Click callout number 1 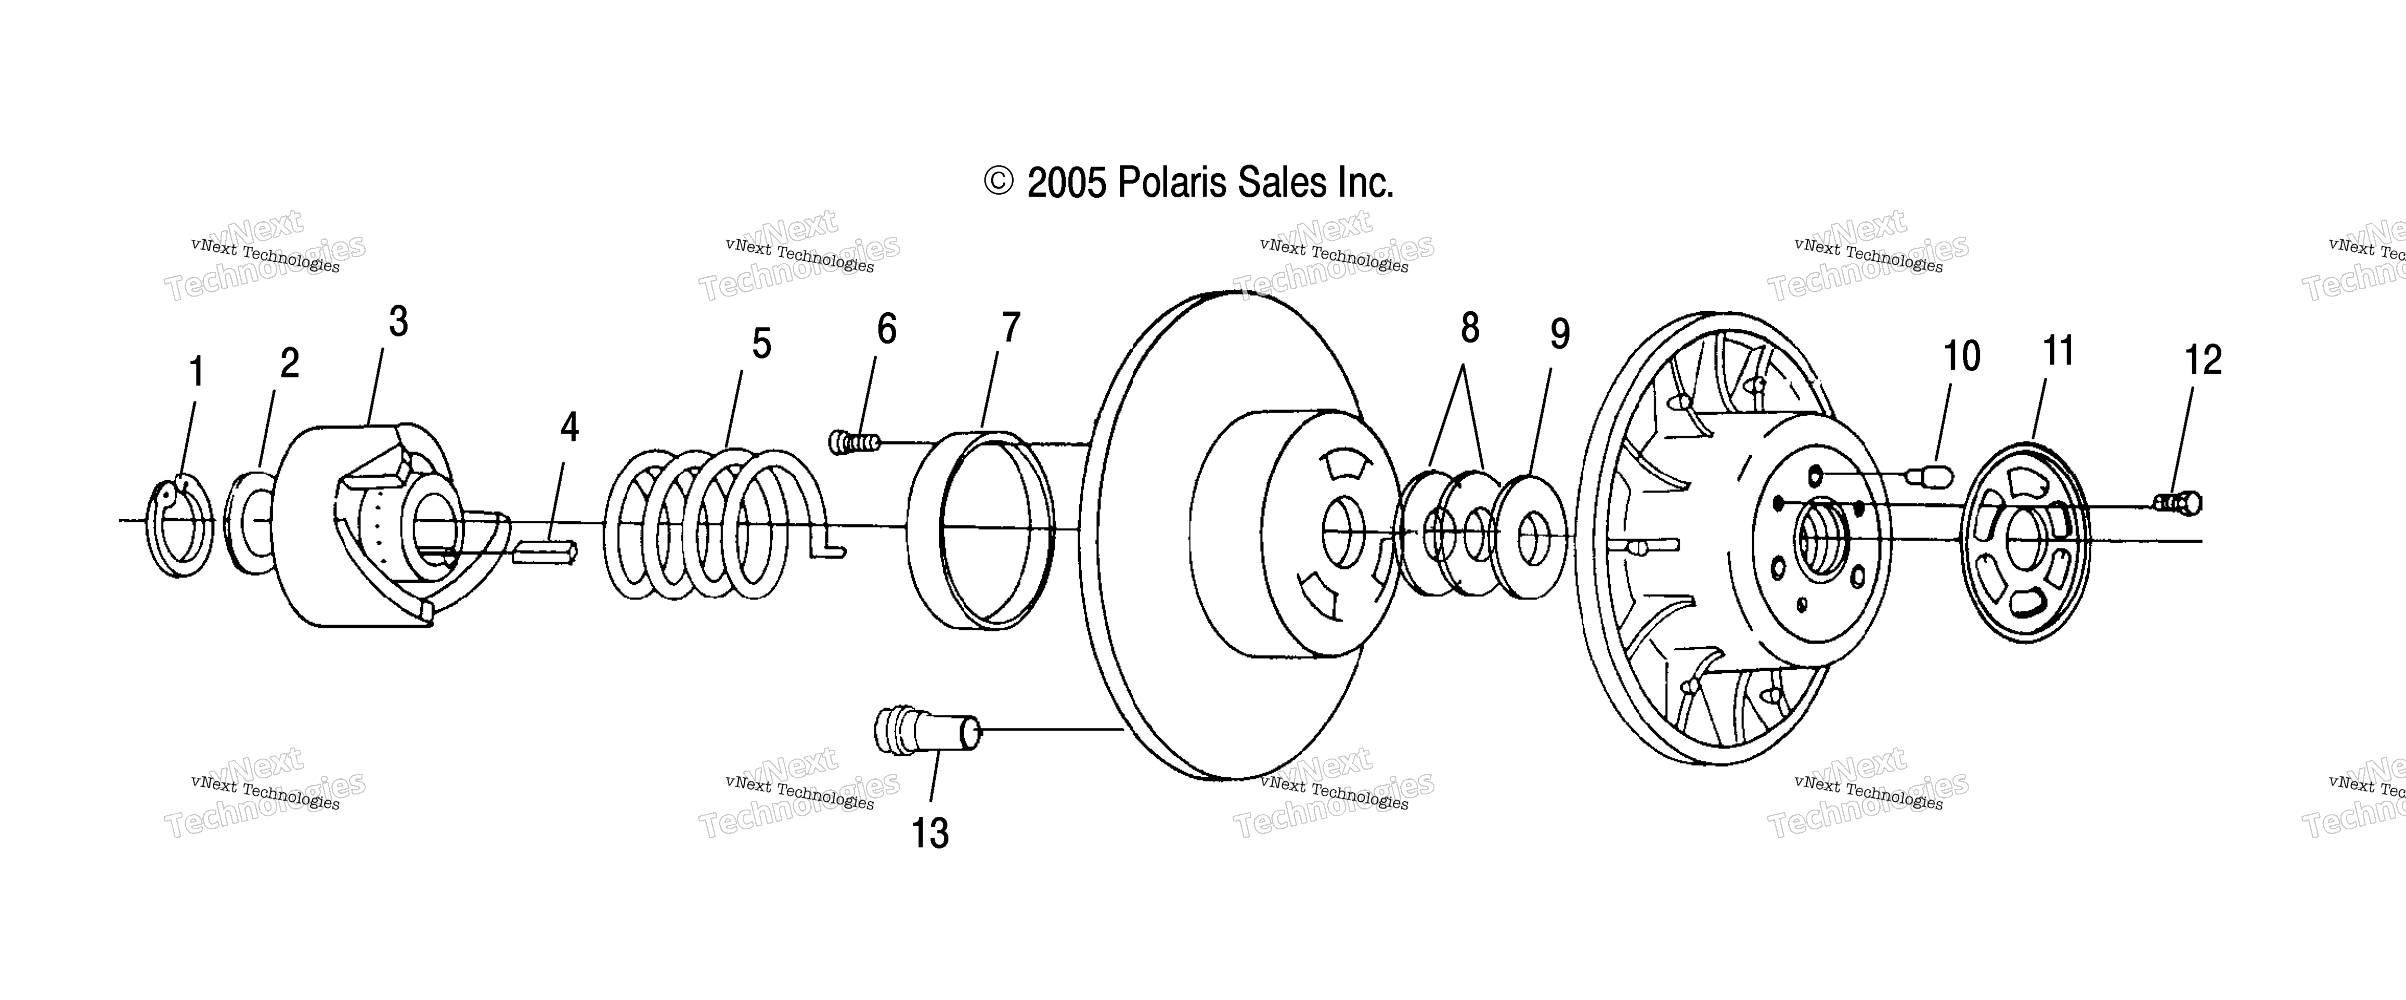[196, 372]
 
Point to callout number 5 [762, 344]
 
